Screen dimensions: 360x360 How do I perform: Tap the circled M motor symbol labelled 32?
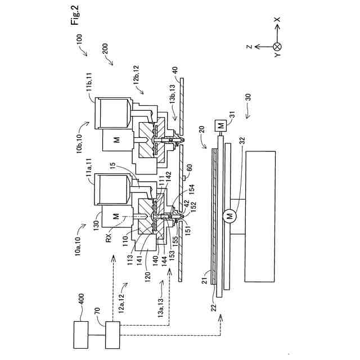click(x=229, y=215)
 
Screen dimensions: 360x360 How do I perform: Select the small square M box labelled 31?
click(x=220, y=124)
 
